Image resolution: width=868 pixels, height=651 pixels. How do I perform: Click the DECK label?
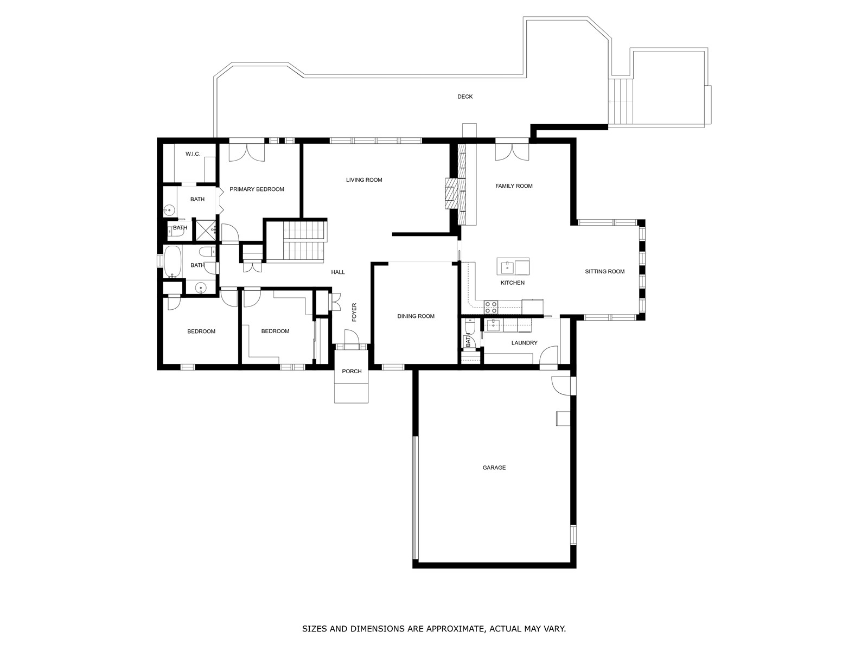pyautogui.click(x=465, y=97)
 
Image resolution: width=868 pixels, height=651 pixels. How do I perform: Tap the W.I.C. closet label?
pyautogui.click(x=193, y=154)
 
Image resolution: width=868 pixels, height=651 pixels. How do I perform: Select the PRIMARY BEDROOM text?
pyautogui.click(x=257, y=189)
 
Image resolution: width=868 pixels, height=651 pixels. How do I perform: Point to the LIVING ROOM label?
pyautogui.click(x=364, y=180)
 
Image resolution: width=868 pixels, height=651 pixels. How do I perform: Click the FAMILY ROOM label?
pyautogui.click(x=514, y=186)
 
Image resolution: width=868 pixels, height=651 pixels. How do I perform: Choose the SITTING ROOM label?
pyautogui.click(x=604, y=272)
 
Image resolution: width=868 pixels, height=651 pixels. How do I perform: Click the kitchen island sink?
pyautogui.click(x=507, y=266)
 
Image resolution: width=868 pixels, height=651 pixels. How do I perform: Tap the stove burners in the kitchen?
pyautogui.click(x=491, y=307)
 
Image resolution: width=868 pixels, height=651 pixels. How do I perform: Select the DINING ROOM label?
pyautogui.click(x=416, y=316)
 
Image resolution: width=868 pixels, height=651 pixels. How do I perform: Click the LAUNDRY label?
pyautogui.click(x=524, y=343)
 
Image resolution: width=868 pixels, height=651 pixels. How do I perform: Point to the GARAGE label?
pyautogui.click(x=494, y=468)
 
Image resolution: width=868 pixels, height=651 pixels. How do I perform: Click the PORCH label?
pyautogui.click(x=352, y=372)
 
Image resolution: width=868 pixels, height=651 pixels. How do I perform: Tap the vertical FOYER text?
pyautogui.click(x=354, y=312)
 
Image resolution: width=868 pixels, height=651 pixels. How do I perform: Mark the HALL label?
pyautogui.click(x=338, y=272)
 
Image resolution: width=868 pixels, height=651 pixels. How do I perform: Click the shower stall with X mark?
pyautogui.click(x=205, y=229)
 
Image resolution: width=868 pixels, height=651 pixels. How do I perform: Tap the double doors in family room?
pyautogui.click(x=512, y=151)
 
